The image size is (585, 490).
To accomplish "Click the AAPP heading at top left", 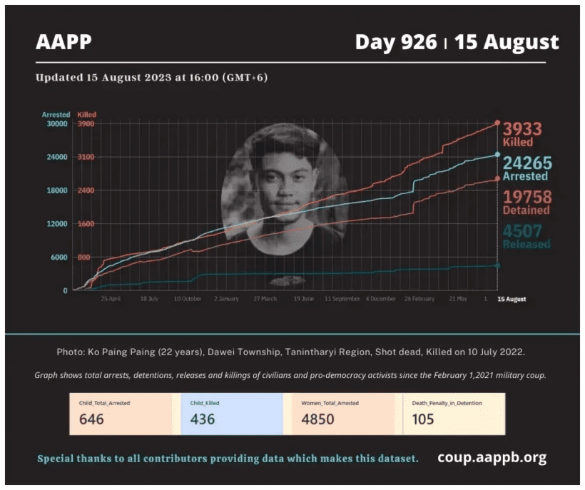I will point(63,42).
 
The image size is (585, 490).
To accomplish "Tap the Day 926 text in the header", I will point(395,42).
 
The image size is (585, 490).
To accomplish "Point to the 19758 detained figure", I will point(527,197).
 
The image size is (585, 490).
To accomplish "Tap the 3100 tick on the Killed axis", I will point(85,157).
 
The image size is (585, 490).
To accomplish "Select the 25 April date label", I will point(111,299).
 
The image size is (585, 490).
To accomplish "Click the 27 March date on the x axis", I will point(265,299).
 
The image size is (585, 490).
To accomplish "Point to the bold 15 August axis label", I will point(511,299).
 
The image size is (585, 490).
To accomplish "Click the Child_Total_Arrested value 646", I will point(91,419).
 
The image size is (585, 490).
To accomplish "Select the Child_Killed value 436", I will point(203,419).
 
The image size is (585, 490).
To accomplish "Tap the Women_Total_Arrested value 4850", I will point(317,419).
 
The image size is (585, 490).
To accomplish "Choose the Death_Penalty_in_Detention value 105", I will point(423,419).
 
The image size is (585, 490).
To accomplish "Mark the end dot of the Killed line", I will point(497,123).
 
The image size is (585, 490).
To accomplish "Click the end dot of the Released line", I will point(497,265).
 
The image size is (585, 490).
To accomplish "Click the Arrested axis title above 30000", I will point(56,114).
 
